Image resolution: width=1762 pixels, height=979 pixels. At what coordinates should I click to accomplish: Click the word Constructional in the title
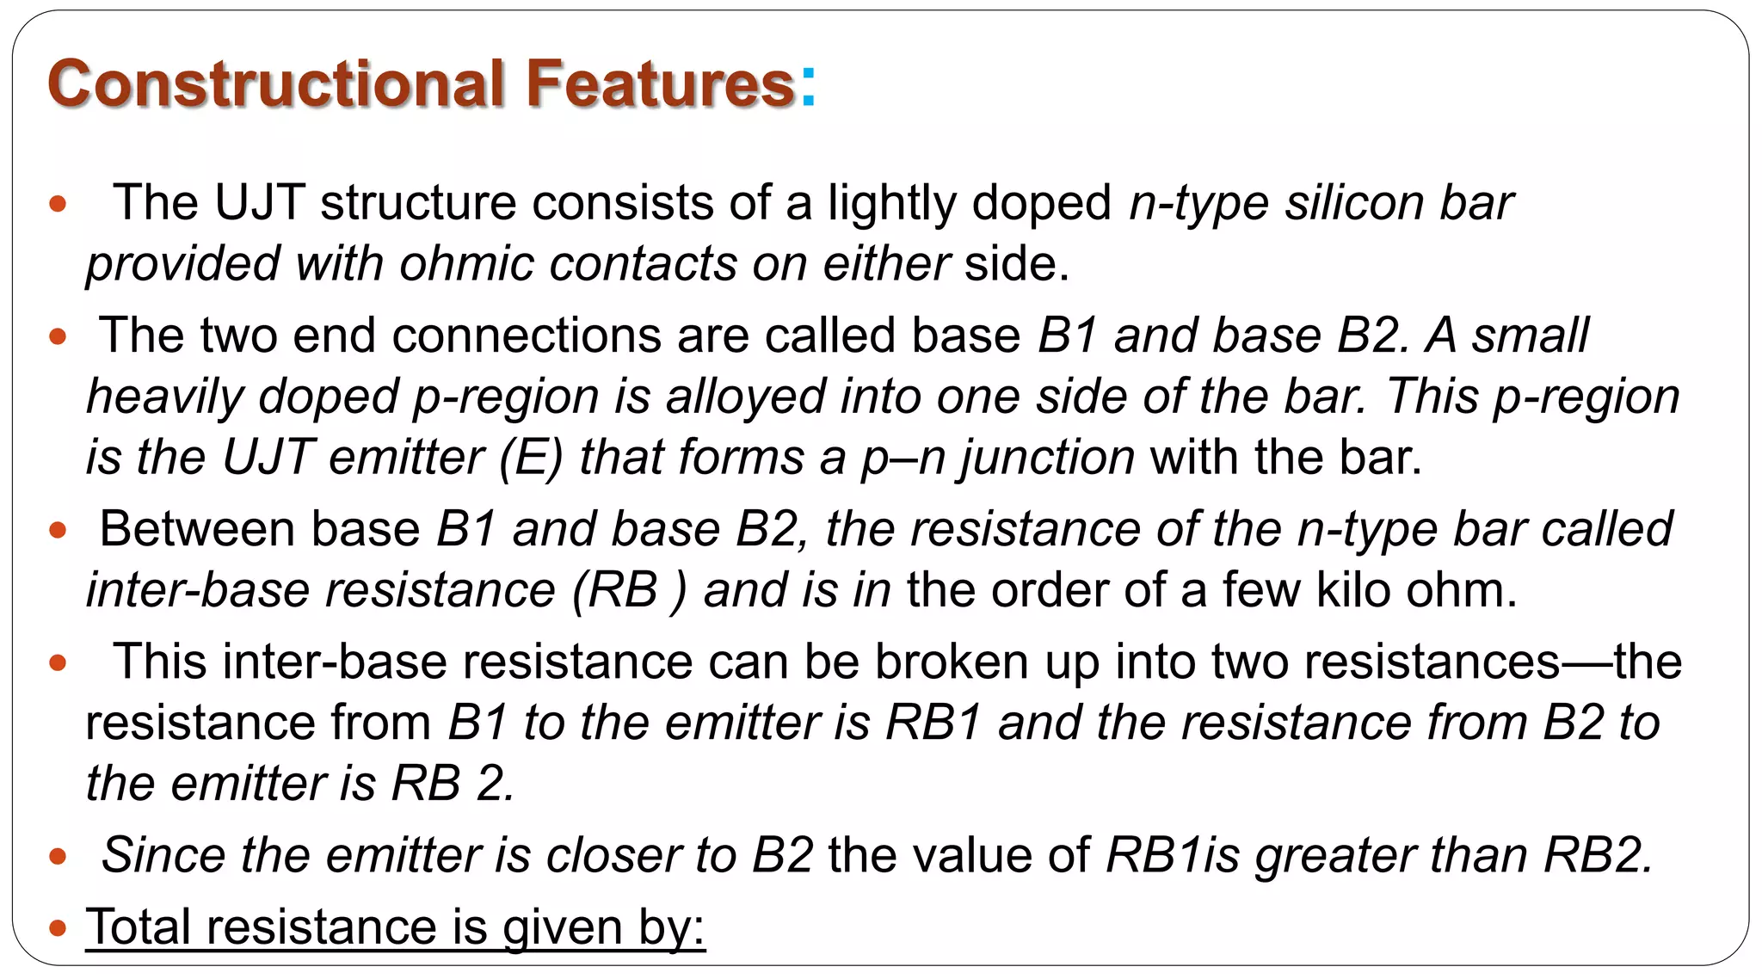click(x=275, y=83)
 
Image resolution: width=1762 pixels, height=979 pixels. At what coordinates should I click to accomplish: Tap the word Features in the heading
click(x=659, y=83)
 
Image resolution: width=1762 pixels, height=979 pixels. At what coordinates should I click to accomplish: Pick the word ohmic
click(x=466, y=264)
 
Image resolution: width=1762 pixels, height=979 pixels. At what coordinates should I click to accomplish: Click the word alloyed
click(x=745, y=397)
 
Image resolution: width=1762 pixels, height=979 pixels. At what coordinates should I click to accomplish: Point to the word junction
click(x=1048, y=458)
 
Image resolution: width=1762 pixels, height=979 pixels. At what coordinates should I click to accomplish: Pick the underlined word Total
click(x=140, y=927)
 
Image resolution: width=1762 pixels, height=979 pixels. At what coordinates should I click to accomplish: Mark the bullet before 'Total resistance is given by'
click(x=59, y=928)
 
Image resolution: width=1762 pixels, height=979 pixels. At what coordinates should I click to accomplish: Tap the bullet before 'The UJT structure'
click(x=59, y=204)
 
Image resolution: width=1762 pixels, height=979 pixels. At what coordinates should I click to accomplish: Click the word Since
click(x=163, y=855)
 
